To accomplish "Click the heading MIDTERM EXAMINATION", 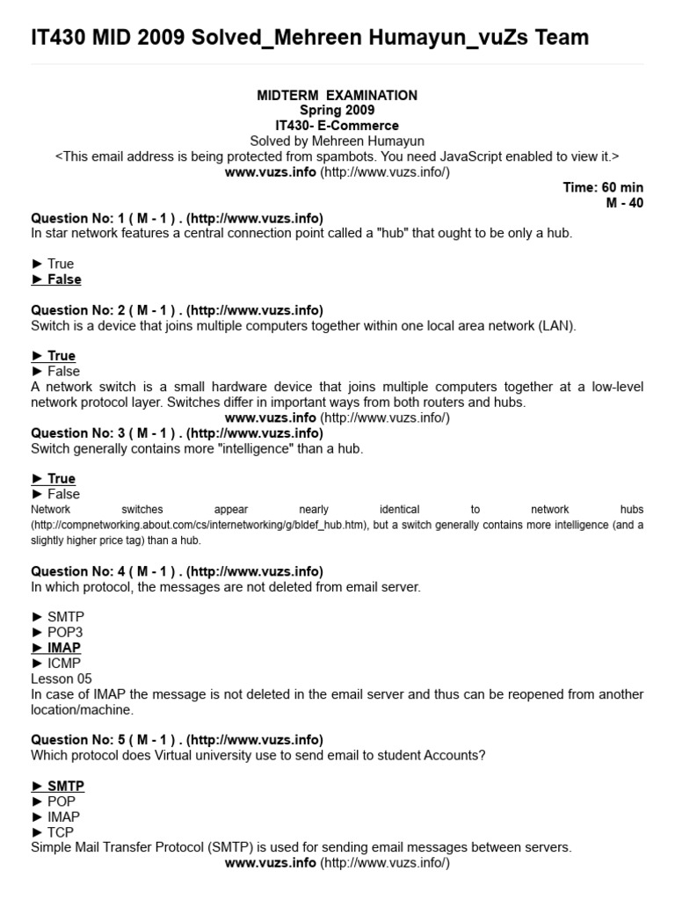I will [337, 95].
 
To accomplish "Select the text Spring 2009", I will [337, 110].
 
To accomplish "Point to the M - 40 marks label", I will [625, 202].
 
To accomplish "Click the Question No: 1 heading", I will [177, 218].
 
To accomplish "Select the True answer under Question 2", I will [54, 356].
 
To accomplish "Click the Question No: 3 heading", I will [177, 433].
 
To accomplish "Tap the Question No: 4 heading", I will [177, 571].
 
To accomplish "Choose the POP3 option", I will [57, 633].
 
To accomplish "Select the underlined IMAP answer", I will [56, 648].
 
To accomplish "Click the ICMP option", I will [57, 664].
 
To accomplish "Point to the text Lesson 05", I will [61, 679].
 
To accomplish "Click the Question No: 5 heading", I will [177, 740].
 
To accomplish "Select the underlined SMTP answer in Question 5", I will [58, 786].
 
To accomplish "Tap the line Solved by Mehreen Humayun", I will [337, 141].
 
